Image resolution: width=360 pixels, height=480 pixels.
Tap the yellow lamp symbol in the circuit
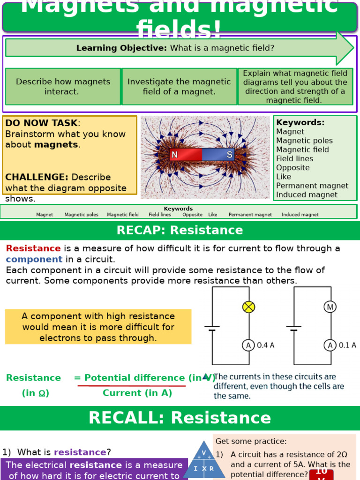click(x=248, y=307)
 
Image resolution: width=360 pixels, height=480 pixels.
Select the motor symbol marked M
click(x=330, y=307)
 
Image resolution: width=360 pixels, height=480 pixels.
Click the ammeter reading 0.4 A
click(x=248, y=345)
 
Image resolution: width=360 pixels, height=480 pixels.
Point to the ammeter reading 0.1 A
click(x=330, y=345)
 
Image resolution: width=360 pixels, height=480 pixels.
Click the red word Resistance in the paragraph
click(x=33, y=248)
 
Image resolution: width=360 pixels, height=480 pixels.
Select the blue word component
click(x=34, y=259)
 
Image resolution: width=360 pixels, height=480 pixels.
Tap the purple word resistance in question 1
click(x=80, y=452)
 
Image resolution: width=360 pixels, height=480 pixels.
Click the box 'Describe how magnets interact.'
click(x=63, y=87)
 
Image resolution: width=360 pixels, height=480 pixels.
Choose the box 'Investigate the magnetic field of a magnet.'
click(x=179, y=87)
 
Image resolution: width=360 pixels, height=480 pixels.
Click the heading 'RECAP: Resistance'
click(x=180, y=230)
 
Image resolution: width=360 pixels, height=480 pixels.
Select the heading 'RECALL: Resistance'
click(x=180, y=418)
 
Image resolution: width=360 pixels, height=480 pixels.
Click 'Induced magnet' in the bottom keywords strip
click(x=300, y=215)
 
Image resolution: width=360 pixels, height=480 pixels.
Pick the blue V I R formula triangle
click(x=204, y=461)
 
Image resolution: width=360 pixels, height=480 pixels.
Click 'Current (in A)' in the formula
click(x=137, y=393)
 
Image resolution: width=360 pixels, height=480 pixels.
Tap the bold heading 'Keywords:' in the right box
click(x=300, y=122)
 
